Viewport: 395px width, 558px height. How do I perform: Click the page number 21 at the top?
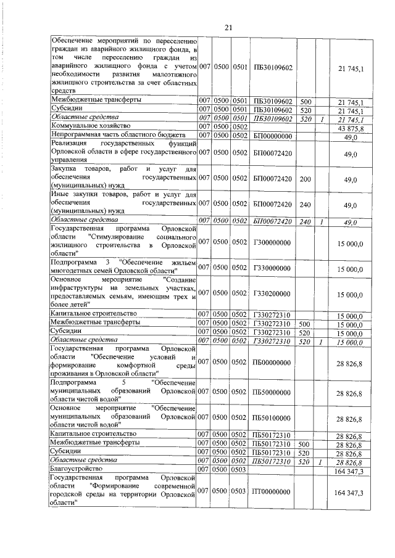[x=228, y=27]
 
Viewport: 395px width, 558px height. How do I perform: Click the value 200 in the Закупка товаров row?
[x=304, y=179]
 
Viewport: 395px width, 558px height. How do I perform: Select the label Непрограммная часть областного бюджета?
[x=118, y=134]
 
